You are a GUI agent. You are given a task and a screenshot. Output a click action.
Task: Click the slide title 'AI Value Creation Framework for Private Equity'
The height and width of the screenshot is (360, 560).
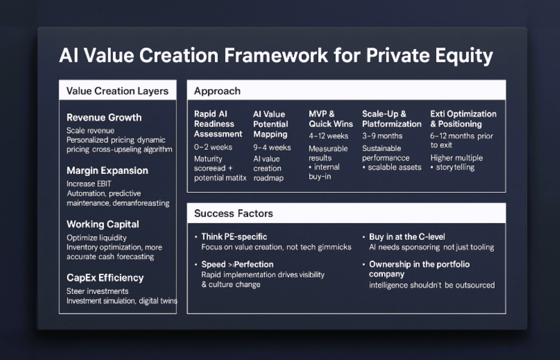(x=276, y=55)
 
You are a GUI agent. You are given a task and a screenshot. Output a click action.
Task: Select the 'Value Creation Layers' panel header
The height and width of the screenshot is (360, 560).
(x=117, y=91)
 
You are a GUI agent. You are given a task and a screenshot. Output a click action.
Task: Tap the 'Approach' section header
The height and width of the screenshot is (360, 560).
(x=217, y=91)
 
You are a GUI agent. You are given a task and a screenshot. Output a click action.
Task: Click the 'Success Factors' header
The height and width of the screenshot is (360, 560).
(x=234, y=213)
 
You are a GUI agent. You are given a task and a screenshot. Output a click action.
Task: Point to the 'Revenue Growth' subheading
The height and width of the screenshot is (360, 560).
(x=104, y=117)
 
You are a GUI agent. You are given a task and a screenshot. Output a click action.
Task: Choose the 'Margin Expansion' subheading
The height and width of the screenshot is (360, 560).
(x=107, y=171)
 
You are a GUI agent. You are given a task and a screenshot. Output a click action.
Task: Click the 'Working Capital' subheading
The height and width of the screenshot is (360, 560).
(x=103, y=224)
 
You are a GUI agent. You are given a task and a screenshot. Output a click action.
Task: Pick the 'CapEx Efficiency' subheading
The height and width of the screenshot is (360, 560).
(x=105, y=278)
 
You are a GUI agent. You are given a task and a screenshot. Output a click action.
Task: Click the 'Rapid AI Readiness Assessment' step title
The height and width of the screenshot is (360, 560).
(x=218, y=124)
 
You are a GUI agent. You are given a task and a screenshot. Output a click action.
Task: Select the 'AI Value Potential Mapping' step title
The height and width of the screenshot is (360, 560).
(x=270, y=124)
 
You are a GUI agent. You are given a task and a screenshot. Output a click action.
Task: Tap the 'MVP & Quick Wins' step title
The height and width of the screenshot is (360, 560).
(x=331, y=119)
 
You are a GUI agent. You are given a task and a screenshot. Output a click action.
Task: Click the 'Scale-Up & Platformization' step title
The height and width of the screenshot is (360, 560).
(x=392, y=119)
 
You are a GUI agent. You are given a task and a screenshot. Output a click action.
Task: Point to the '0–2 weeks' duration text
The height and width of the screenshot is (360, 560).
(x=213, y=147)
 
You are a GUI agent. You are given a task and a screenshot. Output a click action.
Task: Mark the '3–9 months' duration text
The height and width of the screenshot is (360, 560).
(x=382, y=136)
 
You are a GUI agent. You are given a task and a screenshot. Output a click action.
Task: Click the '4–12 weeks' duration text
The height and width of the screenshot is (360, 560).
(x=328, y=136)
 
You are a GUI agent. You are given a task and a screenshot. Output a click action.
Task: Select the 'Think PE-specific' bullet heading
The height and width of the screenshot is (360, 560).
(x=234, y=237)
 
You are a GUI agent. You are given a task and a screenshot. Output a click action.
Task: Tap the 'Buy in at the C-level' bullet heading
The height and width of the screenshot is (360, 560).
(x=407, y=237)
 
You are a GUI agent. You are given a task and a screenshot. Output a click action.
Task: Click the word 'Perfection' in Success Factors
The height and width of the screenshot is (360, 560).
(x=254, y=264)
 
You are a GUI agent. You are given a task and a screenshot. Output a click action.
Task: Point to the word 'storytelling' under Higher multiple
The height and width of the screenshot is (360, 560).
(x=455, y=167)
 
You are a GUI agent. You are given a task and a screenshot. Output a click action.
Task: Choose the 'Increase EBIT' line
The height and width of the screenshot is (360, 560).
(x=89, y=184)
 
